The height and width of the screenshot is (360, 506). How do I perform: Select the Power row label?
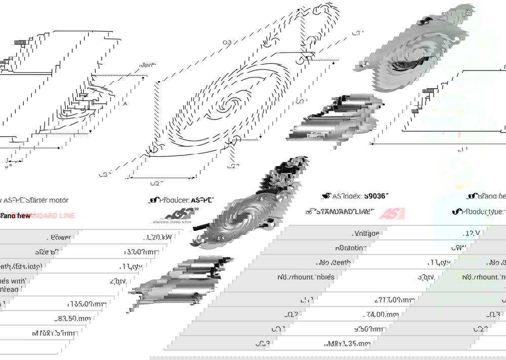61,237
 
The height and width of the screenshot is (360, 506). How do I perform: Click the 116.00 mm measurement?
87,304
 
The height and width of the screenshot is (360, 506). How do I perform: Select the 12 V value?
472,233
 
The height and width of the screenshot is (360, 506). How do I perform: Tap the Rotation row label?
350,248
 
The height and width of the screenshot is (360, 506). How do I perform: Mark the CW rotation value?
455,248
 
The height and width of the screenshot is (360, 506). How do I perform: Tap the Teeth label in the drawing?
147,65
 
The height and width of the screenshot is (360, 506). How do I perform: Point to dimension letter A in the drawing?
124,103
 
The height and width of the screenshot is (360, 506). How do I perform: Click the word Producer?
174,200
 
